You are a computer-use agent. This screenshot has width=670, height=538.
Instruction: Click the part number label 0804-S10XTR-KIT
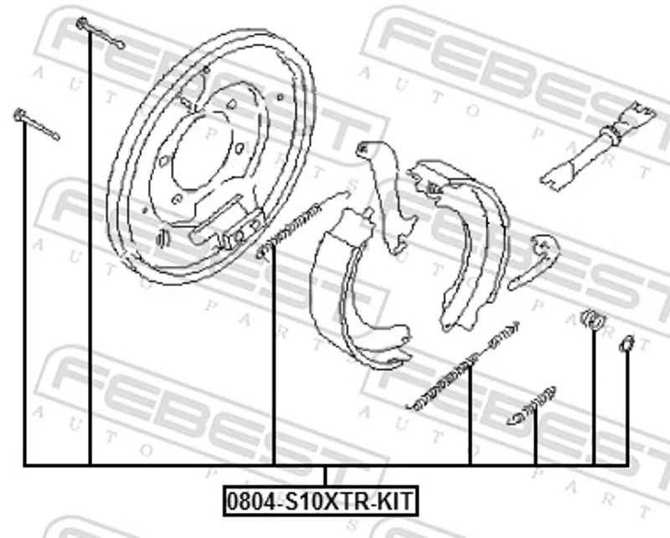click(x=321, y=500)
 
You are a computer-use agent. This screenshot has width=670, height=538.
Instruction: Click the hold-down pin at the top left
click(x=100, y=33)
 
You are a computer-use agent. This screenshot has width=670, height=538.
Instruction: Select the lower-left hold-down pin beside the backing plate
click(x=36, y=124)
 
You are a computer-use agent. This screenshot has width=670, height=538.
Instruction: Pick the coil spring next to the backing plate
click(x=302, y=225)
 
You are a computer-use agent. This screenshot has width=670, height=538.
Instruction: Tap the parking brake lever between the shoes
click(x=386, y=197)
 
